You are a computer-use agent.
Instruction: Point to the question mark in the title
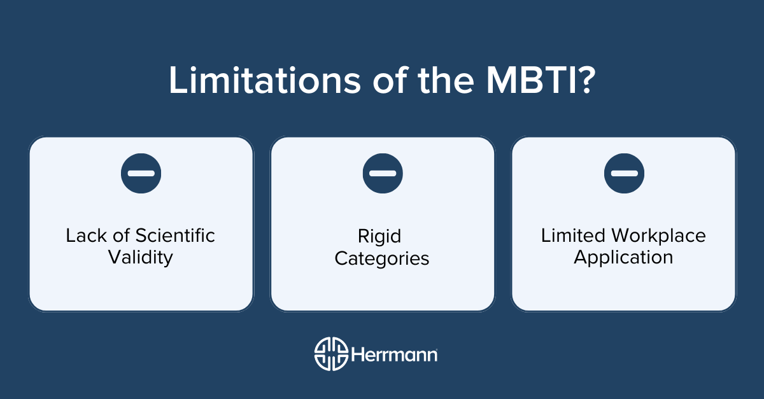pos(583,81)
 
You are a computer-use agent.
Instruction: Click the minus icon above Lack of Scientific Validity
pos(141,173)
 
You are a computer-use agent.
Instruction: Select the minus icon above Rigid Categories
pos(383,173)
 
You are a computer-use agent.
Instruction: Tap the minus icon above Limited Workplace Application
pos(624,173)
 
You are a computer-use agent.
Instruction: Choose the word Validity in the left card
pos(141,258)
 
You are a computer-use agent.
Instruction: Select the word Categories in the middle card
pos(383,259)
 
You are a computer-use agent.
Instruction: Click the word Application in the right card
pos(623,258)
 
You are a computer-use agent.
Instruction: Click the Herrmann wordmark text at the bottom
pos(394,353)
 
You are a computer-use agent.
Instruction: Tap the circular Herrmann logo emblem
pos(331,353)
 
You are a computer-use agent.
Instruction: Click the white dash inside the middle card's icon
pos(383,173)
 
